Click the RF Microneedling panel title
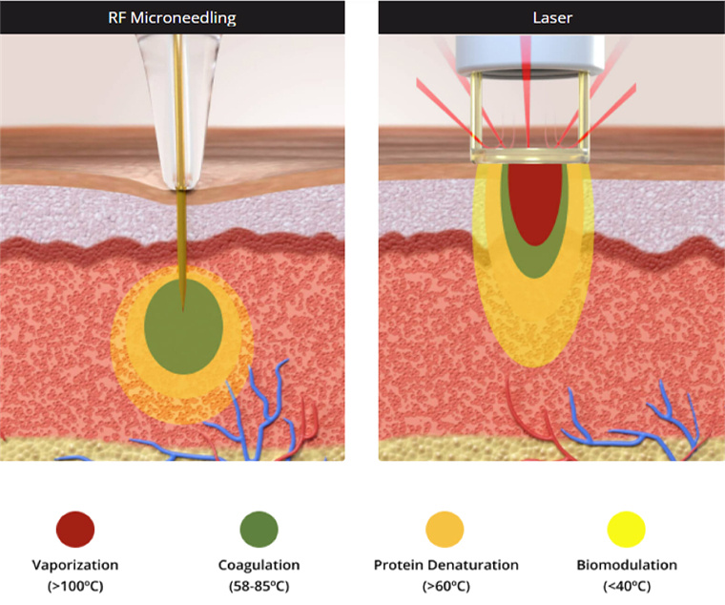pos(172,15)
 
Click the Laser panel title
pos(551,15)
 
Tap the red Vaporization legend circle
pos(75,528)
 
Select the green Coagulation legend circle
pos(259,528)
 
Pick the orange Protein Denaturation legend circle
pos(444,528)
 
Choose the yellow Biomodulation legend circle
pos(627,528)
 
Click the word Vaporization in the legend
pos(75,565)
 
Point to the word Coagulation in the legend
pos(259,565)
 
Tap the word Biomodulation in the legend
pos(627,565)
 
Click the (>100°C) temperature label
pos(75,584)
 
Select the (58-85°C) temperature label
pos(259,584)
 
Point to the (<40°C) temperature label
pos(627,584)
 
